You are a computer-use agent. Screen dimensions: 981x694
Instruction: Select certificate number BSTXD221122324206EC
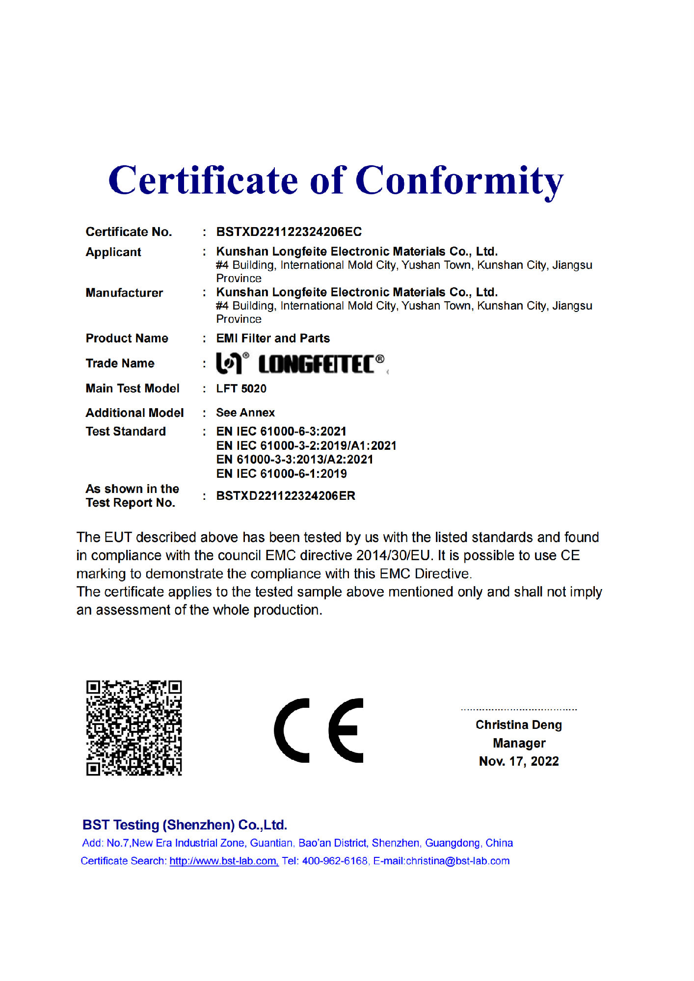point(289,232)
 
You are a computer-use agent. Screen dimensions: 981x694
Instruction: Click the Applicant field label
point(113,252)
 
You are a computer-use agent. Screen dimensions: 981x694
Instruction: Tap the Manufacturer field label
point(124,293)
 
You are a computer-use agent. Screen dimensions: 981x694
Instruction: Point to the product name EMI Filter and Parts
point(273,338)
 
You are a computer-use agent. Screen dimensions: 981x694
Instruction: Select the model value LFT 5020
point(241,388)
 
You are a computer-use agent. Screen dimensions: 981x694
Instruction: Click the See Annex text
point(245,413)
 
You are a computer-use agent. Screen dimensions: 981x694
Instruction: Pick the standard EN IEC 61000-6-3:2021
point(281,432)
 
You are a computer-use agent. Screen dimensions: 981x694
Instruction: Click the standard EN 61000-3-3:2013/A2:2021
point(294,460)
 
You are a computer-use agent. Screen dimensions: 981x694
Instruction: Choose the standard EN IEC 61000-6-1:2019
point(281,474)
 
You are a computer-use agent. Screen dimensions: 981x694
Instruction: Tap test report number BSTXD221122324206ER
point(286,496)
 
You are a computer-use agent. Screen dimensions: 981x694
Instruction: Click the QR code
point(134,728)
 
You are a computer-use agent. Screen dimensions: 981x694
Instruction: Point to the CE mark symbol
point(319,730)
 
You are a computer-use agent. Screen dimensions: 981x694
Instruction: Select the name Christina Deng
point(518,725)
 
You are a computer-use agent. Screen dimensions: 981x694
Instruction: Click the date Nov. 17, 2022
point(519,761)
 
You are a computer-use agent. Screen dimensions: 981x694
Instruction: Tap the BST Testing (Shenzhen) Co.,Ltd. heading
point(185,825)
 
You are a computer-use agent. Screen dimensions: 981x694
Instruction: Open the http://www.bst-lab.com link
point(224,861)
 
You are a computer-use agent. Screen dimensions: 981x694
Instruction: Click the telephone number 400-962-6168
point(335,861)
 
